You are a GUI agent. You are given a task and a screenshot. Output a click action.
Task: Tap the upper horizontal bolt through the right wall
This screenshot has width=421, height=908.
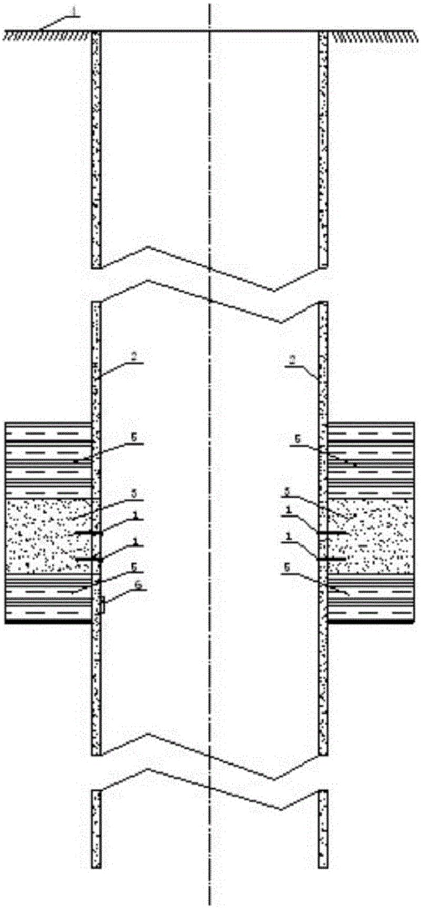tap(332, 533)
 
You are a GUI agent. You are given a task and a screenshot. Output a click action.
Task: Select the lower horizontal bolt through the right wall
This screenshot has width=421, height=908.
tap(332, 559)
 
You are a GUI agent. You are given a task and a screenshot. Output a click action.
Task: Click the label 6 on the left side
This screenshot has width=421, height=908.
tap(138, 585)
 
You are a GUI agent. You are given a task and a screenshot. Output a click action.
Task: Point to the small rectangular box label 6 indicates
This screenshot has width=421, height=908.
tap(103, 605)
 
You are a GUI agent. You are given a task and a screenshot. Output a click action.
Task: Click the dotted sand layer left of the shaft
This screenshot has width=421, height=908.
tap(42, 536)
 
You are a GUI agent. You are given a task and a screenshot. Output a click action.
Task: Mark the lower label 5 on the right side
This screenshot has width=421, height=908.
tap(287, 569)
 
